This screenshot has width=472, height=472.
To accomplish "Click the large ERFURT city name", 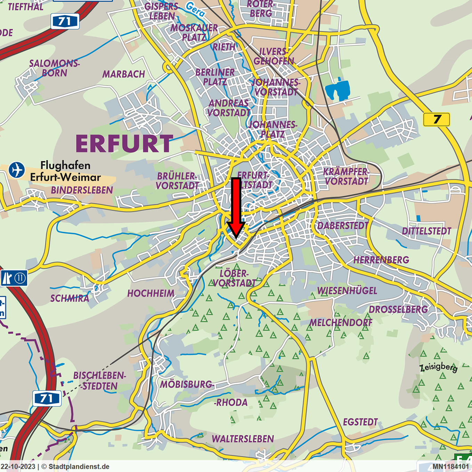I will click(x=124, y=144).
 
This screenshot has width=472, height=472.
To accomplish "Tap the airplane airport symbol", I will click(x=16, y=170).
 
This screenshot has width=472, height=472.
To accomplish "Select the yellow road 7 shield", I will click(x=437, y=120).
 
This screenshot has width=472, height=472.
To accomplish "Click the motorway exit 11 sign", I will click(x=14, y=278).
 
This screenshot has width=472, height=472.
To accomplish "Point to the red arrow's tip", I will click(x=236, y=237).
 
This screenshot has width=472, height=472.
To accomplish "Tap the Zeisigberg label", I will click(x=438, y=367).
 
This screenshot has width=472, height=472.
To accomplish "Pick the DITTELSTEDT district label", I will click(x=426, y=231).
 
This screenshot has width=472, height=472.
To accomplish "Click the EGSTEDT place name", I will click(x=360, y=422).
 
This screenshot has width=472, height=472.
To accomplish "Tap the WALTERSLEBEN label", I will click(x=243, y=439).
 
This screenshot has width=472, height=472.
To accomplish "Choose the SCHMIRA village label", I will click(x=70, y=298).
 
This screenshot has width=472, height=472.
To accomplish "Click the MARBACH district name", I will click(x=123, y=74).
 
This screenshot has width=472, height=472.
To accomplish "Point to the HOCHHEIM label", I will click(x=150, y=293).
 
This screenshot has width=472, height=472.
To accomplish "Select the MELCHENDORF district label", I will click(x=341, y=323).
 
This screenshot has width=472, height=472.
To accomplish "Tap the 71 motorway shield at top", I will click(x=65, y=21).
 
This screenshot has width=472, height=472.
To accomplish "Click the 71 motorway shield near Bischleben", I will click(x=47, y=398).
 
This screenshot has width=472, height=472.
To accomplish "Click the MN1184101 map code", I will click(x=450, y=466).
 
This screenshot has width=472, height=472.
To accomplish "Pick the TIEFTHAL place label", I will click(x=25, y=7).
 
